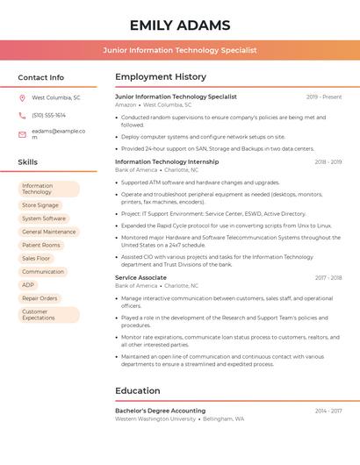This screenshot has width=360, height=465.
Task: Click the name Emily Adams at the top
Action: (179, 25)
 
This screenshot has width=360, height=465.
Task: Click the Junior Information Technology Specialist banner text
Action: (179, 50)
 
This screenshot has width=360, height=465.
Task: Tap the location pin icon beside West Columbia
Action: (22, 97)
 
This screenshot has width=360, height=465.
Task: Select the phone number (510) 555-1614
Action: (49, 115)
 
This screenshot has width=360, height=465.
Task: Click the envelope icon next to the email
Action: (22, 133)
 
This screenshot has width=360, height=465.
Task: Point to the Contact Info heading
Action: (40, 77)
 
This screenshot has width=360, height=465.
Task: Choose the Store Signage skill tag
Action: (40, 205)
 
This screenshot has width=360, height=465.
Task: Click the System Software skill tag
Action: (44, 218)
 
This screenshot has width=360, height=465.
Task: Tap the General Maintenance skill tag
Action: (49, 232)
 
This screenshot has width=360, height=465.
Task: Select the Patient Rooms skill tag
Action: (41, 245)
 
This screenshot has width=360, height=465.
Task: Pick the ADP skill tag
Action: (28, 284)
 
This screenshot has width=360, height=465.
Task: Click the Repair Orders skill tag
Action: (40, 298)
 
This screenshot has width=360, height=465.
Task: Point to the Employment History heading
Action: (161, 77)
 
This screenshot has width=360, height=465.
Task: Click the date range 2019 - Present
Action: (324, 97)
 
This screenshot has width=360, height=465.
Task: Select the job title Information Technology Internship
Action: (167, 161)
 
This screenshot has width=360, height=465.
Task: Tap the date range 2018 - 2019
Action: (328, 161)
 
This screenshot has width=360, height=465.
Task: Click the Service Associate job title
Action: (140, 277)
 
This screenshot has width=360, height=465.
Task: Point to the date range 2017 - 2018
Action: (328, 277)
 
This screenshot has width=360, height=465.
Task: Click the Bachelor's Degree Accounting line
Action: (160, 411)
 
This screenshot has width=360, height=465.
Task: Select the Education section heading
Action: (138, 391)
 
